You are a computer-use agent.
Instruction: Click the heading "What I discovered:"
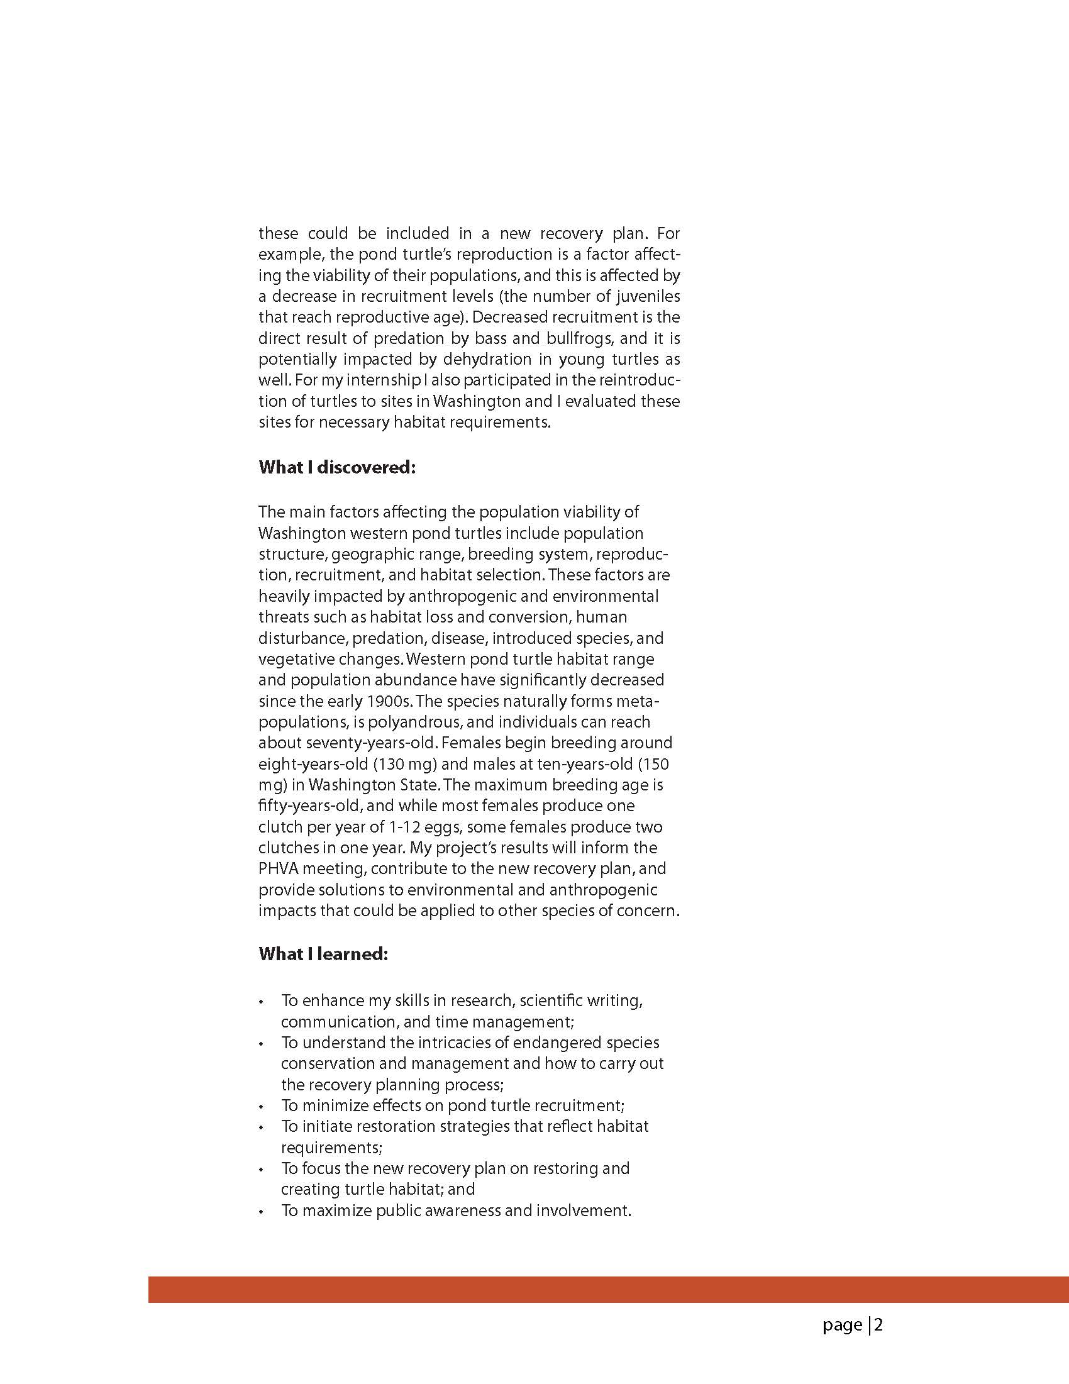(x=336, y=468)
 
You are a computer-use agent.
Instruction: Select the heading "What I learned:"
(x=323, y=954)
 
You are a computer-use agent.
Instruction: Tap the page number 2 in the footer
(x=879, y=1325)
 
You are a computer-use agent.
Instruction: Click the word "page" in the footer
(x=842, y=1325)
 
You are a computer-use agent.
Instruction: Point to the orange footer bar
(x=608, y=1290)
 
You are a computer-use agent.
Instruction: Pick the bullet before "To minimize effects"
(x=260, y=1107)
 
